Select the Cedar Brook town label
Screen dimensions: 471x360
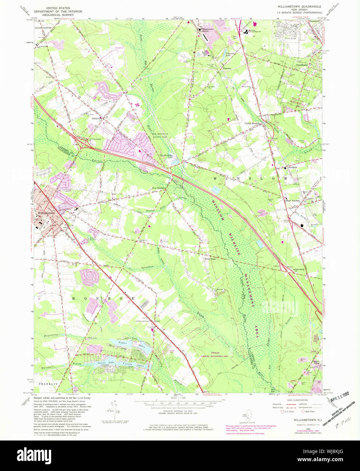pyautogui.click(x=252, y=123)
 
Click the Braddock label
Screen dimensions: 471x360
pyautogui.click(x=293, y=167)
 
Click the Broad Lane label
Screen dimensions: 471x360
pyautogui.click(x=210, y=259)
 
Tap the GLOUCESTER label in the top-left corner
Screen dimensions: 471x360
pyautogui.click(x=42, y=27)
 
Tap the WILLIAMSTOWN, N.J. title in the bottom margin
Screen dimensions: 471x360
pyautogui.click(x=303, y=420)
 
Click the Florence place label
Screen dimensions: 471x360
pyautogui.click(x=227, y=68)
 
